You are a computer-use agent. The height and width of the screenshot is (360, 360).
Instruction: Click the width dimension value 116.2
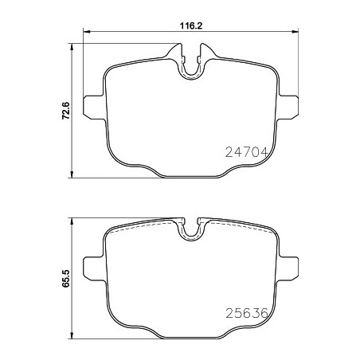(191, 26)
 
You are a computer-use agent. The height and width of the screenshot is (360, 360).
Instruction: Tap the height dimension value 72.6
(65, 111)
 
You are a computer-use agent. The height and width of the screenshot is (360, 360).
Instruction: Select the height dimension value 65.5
(65, 278)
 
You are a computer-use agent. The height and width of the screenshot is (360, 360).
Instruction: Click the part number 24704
(246, 152)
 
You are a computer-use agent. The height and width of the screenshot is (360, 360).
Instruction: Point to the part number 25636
(247, 314)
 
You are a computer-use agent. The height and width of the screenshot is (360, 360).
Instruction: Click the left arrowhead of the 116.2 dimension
(87, 32)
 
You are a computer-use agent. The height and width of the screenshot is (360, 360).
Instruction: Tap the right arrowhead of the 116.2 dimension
(295, 32)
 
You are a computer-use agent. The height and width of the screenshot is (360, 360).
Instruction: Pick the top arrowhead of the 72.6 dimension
(71, 47)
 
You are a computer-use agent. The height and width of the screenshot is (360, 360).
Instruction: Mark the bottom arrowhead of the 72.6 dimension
(71, 174)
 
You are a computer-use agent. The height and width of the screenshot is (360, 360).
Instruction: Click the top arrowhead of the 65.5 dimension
(71, 221)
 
